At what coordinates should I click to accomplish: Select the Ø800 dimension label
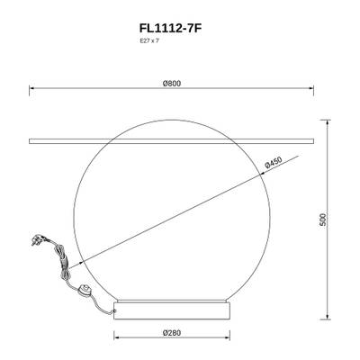click(x=172, y=84)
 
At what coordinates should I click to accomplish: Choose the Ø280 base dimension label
click(x=173, y=332)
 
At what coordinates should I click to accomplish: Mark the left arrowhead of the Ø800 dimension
click(x=33, y=89)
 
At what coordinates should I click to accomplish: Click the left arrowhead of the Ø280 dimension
click(x=116, y=338)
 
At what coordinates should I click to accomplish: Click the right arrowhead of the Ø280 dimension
click(x=230, y=338)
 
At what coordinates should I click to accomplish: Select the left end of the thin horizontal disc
click(x=32, y=141)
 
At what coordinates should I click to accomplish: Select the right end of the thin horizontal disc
click(x=313, y=141)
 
